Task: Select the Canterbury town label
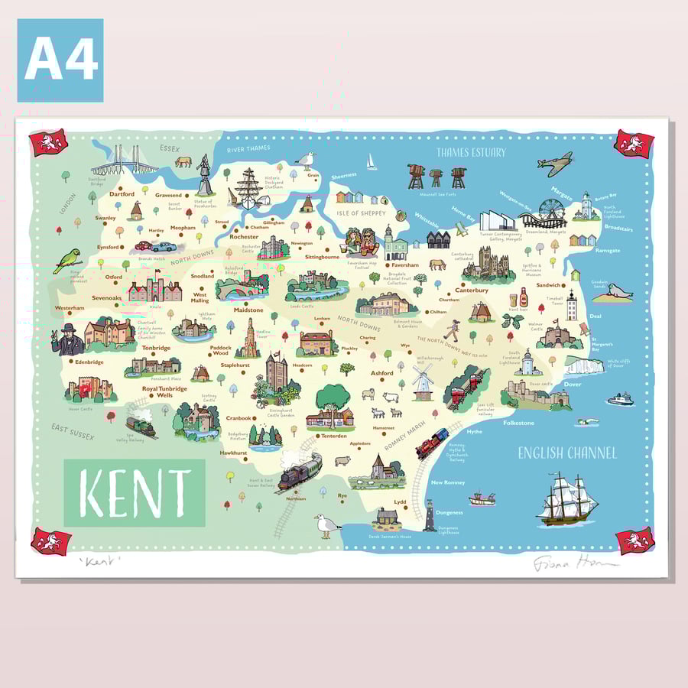point(472,290)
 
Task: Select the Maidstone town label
point(248,310)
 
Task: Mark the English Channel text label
point(566,453)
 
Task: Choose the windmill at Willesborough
point(423,380)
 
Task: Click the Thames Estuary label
point(471,152)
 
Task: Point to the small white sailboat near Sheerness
point(372,162)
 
